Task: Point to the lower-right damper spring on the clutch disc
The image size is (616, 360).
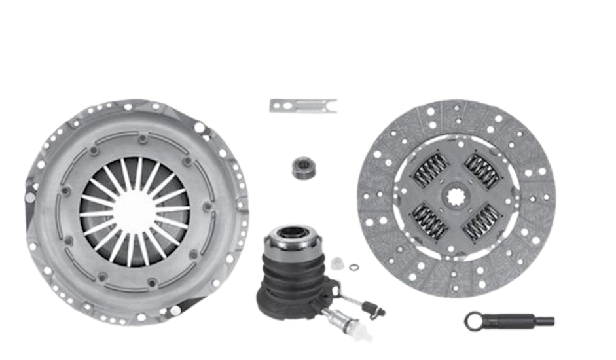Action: click(x=482, y=223)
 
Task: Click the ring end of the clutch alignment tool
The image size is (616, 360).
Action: click(x=475, y=319)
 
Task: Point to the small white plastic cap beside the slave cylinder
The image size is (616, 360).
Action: click(x=337, y=263)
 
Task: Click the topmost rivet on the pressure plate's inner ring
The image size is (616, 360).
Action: click(x=142, y=138)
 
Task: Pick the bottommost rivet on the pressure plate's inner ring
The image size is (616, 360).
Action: click(x=150, y=283)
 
